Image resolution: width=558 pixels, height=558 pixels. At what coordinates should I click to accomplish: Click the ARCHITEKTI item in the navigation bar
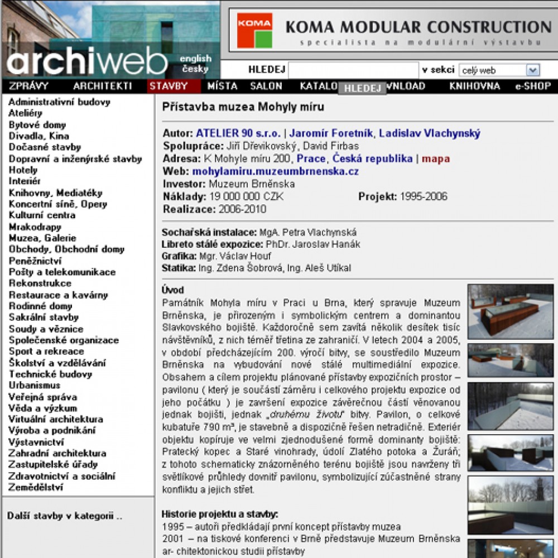point(102,86)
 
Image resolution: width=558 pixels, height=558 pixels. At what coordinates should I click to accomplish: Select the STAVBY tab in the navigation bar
point(168,86)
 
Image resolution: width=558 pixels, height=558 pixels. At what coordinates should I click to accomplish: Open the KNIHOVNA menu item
point(474,86)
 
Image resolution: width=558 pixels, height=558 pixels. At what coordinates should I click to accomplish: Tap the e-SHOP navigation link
point(533,86)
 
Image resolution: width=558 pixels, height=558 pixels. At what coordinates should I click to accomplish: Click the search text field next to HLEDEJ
point(353,70)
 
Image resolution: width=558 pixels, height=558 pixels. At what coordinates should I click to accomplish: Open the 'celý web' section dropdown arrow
point(533,70)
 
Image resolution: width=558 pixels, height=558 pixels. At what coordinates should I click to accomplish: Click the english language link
point(195,59)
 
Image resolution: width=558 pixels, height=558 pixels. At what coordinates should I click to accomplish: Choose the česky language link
point(195,69)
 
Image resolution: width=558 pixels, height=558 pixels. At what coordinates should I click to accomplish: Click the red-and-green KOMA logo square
point(254,30)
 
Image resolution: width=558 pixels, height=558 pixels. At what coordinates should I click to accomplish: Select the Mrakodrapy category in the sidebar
point(35,227)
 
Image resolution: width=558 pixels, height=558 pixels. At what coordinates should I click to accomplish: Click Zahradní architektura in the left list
point(57,453)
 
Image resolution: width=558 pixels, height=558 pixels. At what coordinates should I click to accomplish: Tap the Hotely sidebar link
point(23,170)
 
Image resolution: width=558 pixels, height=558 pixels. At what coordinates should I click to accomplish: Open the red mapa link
point(436,158)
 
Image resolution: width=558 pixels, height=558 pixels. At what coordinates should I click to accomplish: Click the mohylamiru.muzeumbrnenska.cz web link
point(276,171)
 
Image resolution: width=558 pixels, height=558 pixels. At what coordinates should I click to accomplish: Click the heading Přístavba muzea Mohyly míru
point(243,107)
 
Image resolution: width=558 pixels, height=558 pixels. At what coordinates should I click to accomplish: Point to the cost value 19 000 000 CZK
point(247,196)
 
